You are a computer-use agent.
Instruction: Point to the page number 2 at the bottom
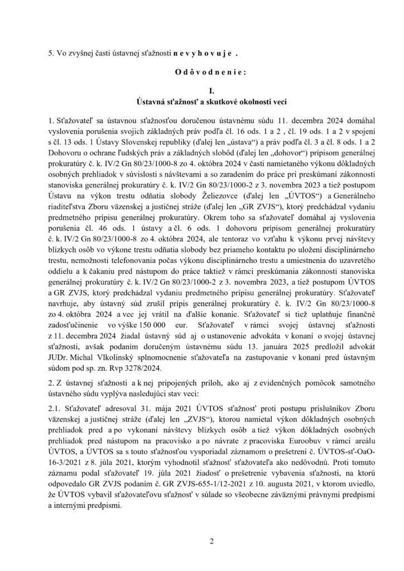[x=202, y=525]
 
